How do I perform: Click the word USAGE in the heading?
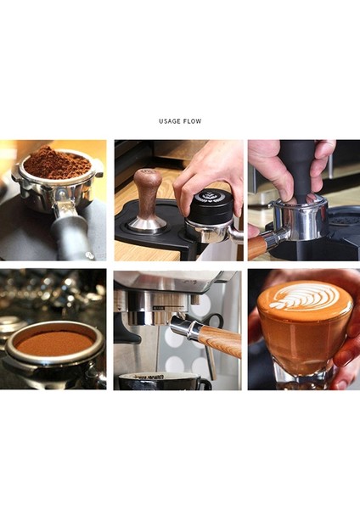pos(168,121)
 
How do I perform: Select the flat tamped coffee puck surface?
pos(54,343)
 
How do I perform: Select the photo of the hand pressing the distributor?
pos(177,200)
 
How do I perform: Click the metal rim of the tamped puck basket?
pos(53,361)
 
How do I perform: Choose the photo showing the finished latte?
pos(303,329)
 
